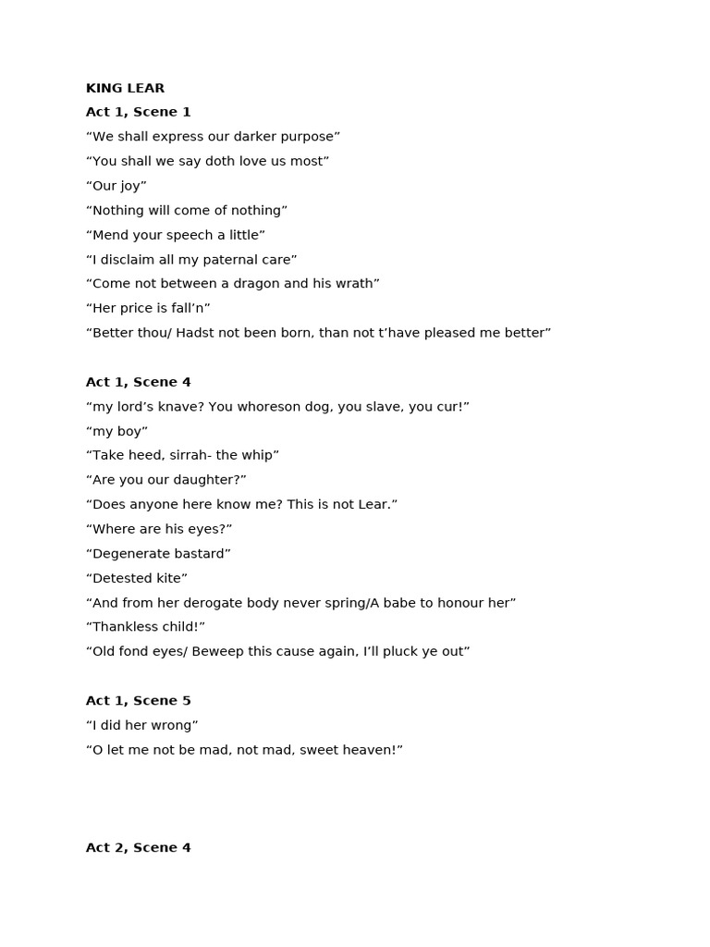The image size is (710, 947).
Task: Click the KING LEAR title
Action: [x=125, y=89]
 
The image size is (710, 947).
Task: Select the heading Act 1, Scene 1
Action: [x=138, y=113]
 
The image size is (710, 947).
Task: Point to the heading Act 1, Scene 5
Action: [x=138, y=701]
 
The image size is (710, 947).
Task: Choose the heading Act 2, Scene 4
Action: [x=138, y=848]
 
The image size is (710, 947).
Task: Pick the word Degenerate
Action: [x=129, y=554]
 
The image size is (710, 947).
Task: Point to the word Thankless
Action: [x=125, y=627]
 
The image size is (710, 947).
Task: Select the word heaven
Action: [x=370, y=750]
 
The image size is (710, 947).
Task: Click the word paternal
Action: [x=230, y=260]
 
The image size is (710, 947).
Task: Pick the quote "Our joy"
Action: [x=116, y=186]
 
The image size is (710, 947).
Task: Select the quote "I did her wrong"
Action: [x=142, y=726]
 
